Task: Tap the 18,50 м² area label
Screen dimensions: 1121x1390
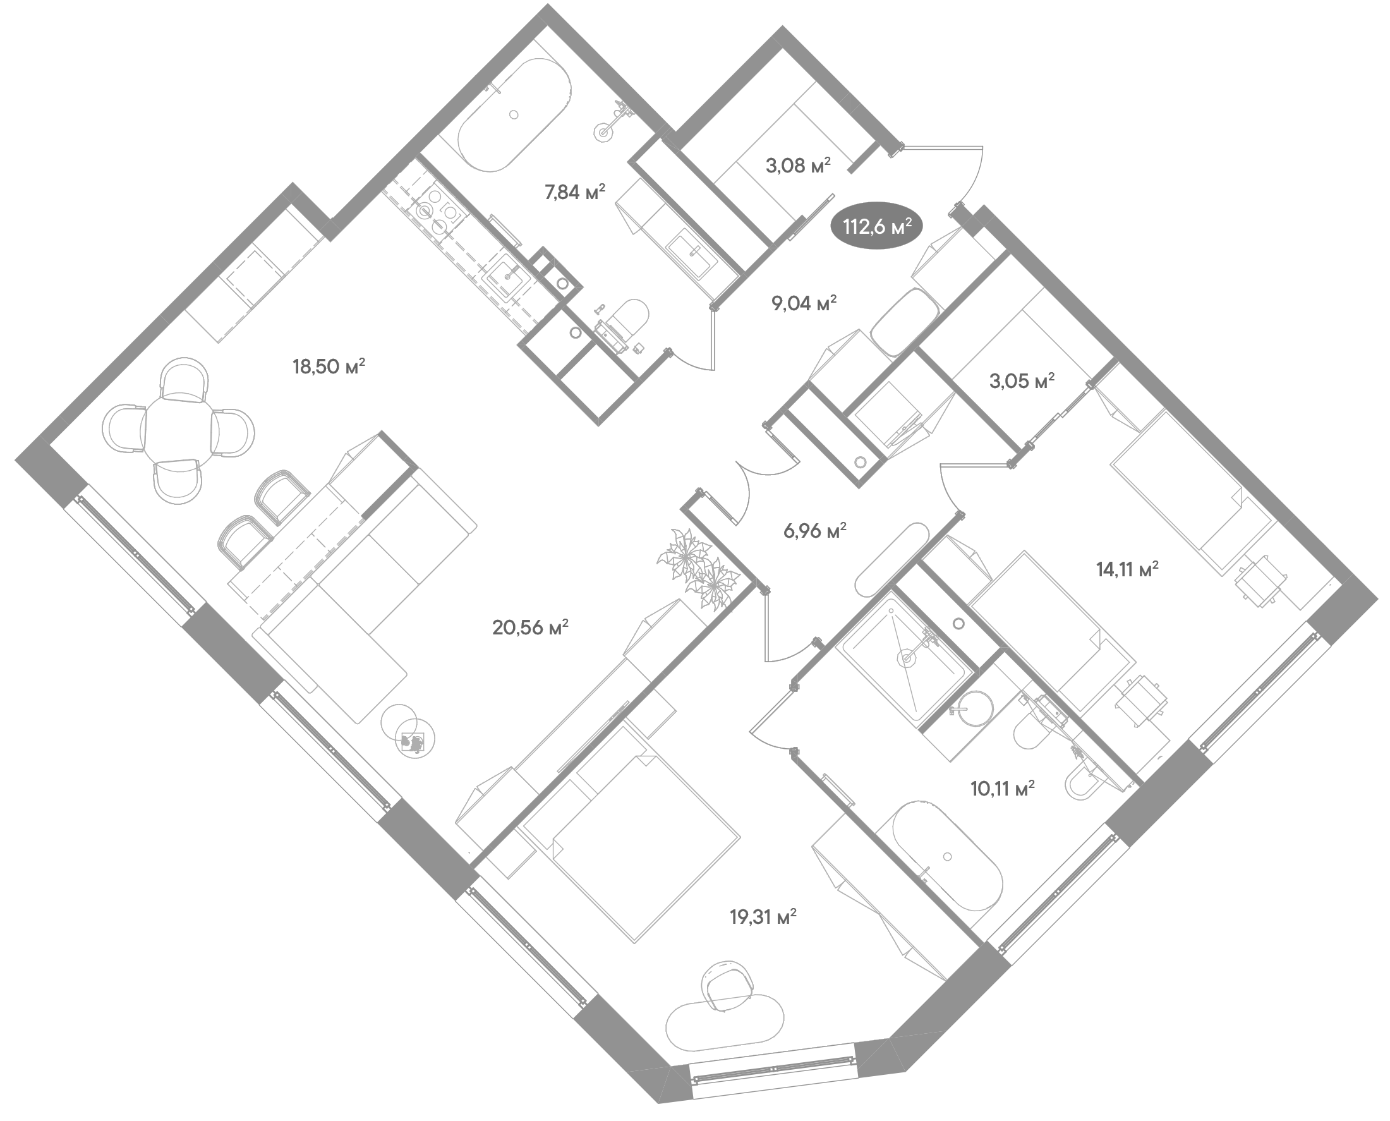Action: click(x=329, y=367)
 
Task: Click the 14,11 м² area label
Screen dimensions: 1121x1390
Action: click(x=1127, y=569)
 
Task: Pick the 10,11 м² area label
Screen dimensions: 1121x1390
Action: click(x=1003, y=789)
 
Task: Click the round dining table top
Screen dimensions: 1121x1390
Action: click(x=179, y=429)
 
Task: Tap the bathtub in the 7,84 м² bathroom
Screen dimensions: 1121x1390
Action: click(x=514, y=115)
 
